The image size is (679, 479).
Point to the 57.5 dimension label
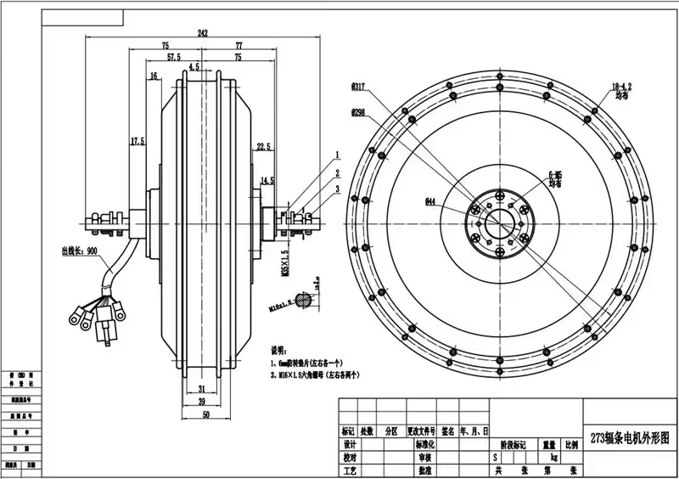click(x=173, y=57)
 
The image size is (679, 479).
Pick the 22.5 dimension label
click(x=262, y=146)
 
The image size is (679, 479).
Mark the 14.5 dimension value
click(x=267, y=180)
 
